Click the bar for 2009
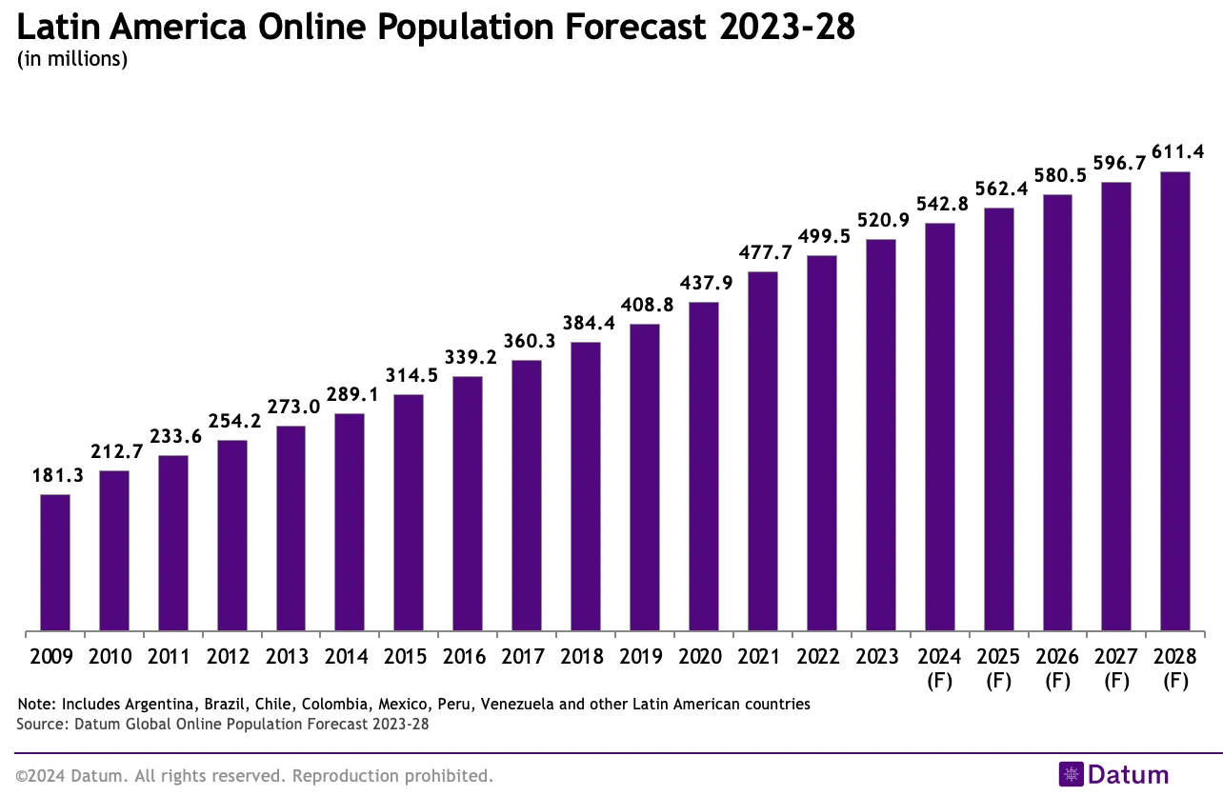point(55,563)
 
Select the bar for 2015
point(409,512)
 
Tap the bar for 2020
point(704,467)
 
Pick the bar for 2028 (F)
point(1175,401)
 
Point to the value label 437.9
point(704,283)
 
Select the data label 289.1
point(351,394)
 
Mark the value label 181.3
point(55,475)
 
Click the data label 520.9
point(881,220)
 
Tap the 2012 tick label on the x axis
point(232,657)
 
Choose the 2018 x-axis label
point(586,657)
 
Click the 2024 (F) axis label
point(939,667)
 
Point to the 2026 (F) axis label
point(1057,667)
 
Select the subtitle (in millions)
point(72,59)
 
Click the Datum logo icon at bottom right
point(1072,774)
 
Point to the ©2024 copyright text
point(38,776)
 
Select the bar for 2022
point(822,443)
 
